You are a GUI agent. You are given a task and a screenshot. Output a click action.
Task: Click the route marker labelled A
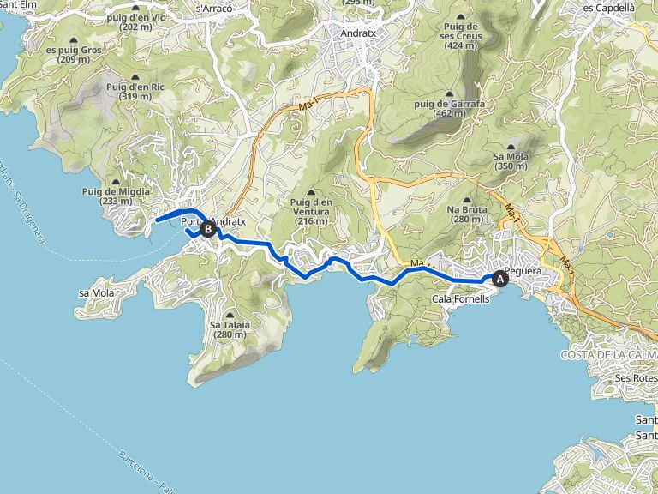(x=500, y=278)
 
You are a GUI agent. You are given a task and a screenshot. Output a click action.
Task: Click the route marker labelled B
(x=206, y=229)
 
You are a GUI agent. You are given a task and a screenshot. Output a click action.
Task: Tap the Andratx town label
(x=357, y=34)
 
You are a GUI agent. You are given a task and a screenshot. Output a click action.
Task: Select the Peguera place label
(x=523, y=272)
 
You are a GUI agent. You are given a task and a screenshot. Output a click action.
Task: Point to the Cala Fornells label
(x=461, y=299)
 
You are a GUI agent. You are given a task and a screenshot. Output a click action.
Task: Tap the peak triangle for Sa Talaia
(x=230, y=315)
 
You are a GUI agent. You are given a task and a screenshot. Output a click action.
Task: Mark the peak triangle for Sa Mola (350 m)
(x=511, y=147)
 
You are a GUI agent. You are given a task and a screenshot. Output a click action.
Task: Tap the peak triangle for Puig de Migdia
(x=117, y=181)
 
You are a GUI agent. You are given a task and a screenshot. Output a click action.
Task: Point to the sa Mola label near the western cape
(x=96, y=292)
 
